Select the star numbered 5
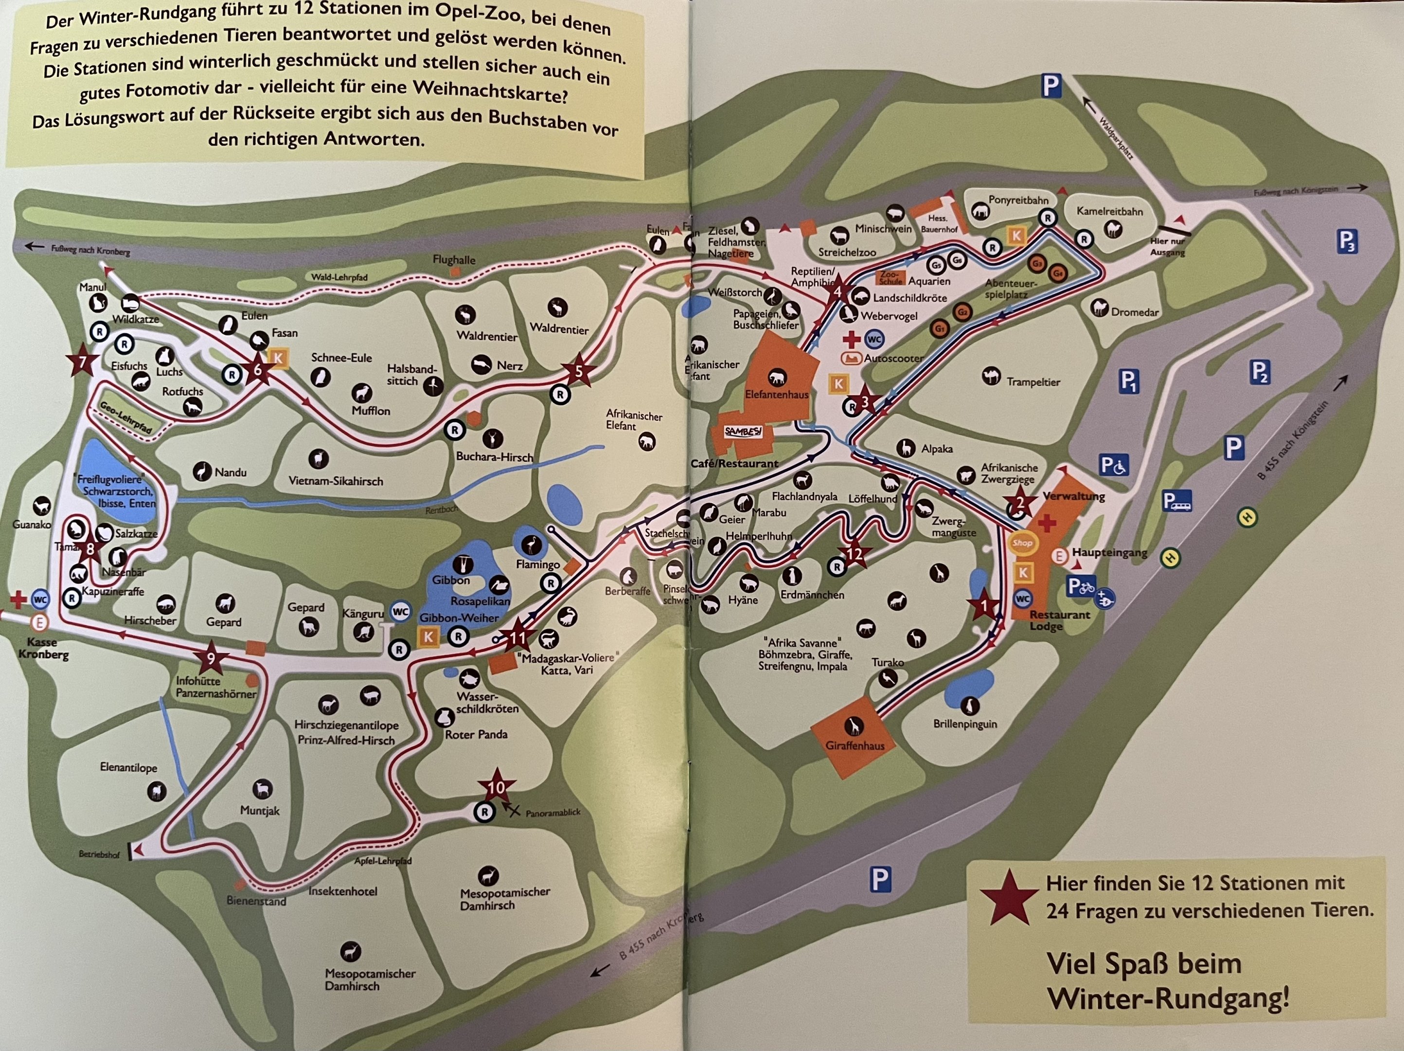point(578,371)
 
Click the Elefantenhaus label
point(776,394)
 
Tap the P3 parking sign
point(1347,242)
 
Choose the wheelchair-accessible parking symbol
point(1114,466)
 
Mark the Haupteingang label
point(1109,552)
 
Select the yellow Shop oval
point(1022,543)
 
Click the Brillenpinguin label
point(965,724)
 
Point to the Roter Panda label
point(476,735)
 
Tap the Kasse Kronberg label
point(42,649)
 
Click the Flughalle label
point(454,260)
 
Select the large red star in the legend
point(1009,897)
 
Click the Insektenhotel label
point(343,891)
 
